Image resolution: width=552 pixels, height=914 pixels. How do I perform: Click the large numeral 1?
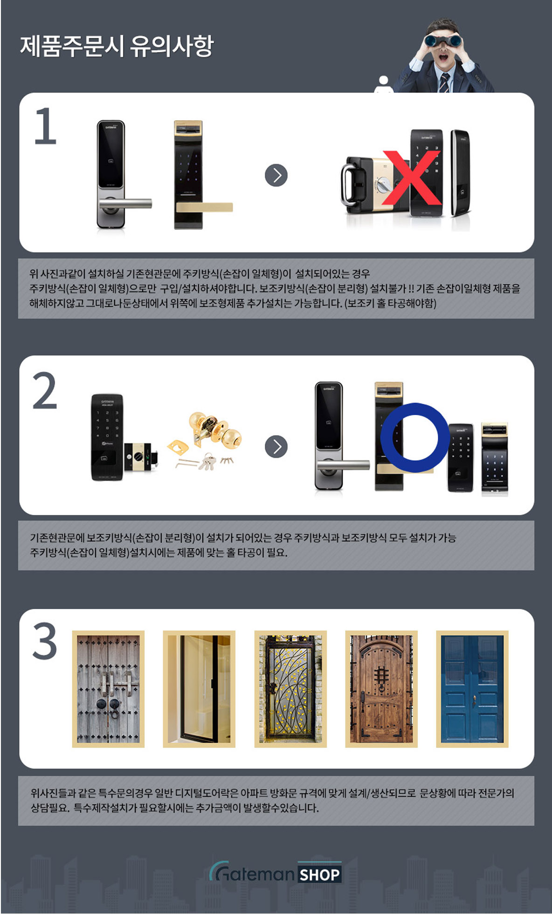[46, 126]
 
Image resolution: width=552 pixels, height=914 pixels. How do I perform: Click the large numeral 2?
[45, 391]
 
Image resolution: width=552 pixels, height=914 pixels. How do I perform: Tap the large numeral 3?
[45, 642]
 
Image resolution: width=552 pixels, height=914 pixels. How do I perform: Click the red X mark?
[412, 178]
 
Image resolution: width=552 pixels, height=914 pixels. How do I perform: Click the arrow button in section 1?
[276, 175]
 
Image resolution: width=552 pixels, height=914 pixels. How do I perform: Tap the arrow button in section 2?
[276, 447]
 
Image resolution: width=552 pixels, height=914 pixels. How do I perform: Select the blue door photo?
[472, 689]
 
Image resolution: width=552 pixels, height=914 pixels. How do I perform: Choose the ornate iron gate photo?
[290, 689]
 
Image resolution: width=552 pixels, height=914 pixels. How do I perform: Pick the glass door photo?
[199, 689]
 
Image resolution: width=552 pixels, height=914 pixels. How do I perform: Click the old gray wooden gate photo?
[108, 689]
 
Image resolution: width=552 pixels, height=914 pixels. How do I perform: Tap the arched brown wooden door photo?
[381, 689]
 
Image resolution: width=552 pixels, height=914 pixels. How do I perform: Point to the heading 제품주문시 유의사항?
[117, 46]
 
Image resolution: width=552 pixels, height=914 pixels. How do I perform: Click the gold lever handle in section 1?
[204, 207]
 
